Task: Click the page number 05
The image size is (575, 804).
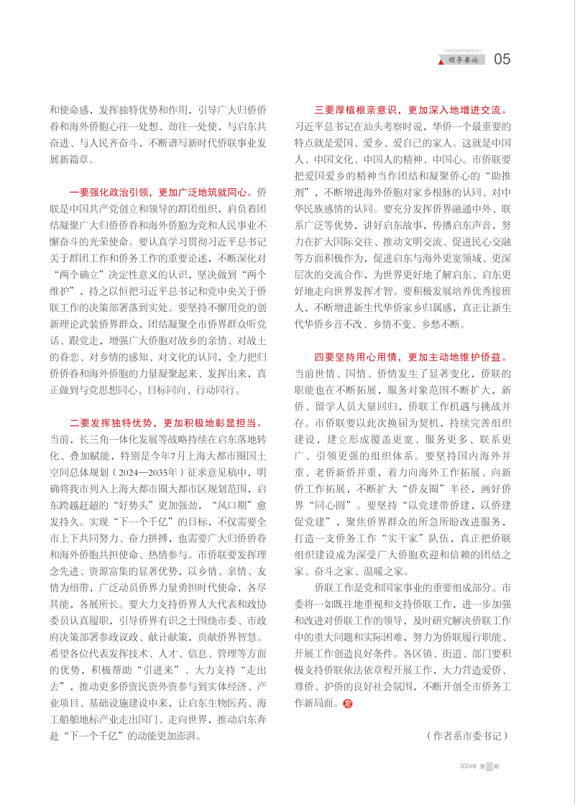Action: [x=502, y=60]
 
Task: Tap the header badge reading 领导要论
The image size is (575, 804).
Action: [x=467, y=60]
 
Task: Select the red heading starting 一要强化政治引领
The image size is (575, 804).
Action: [x=162, y=193]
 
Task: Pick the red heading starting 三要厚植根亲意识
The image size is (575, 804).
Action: [x=413, y=111]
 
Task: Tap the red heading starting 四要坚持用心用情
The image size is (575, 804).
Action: [x=413, y=356]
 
